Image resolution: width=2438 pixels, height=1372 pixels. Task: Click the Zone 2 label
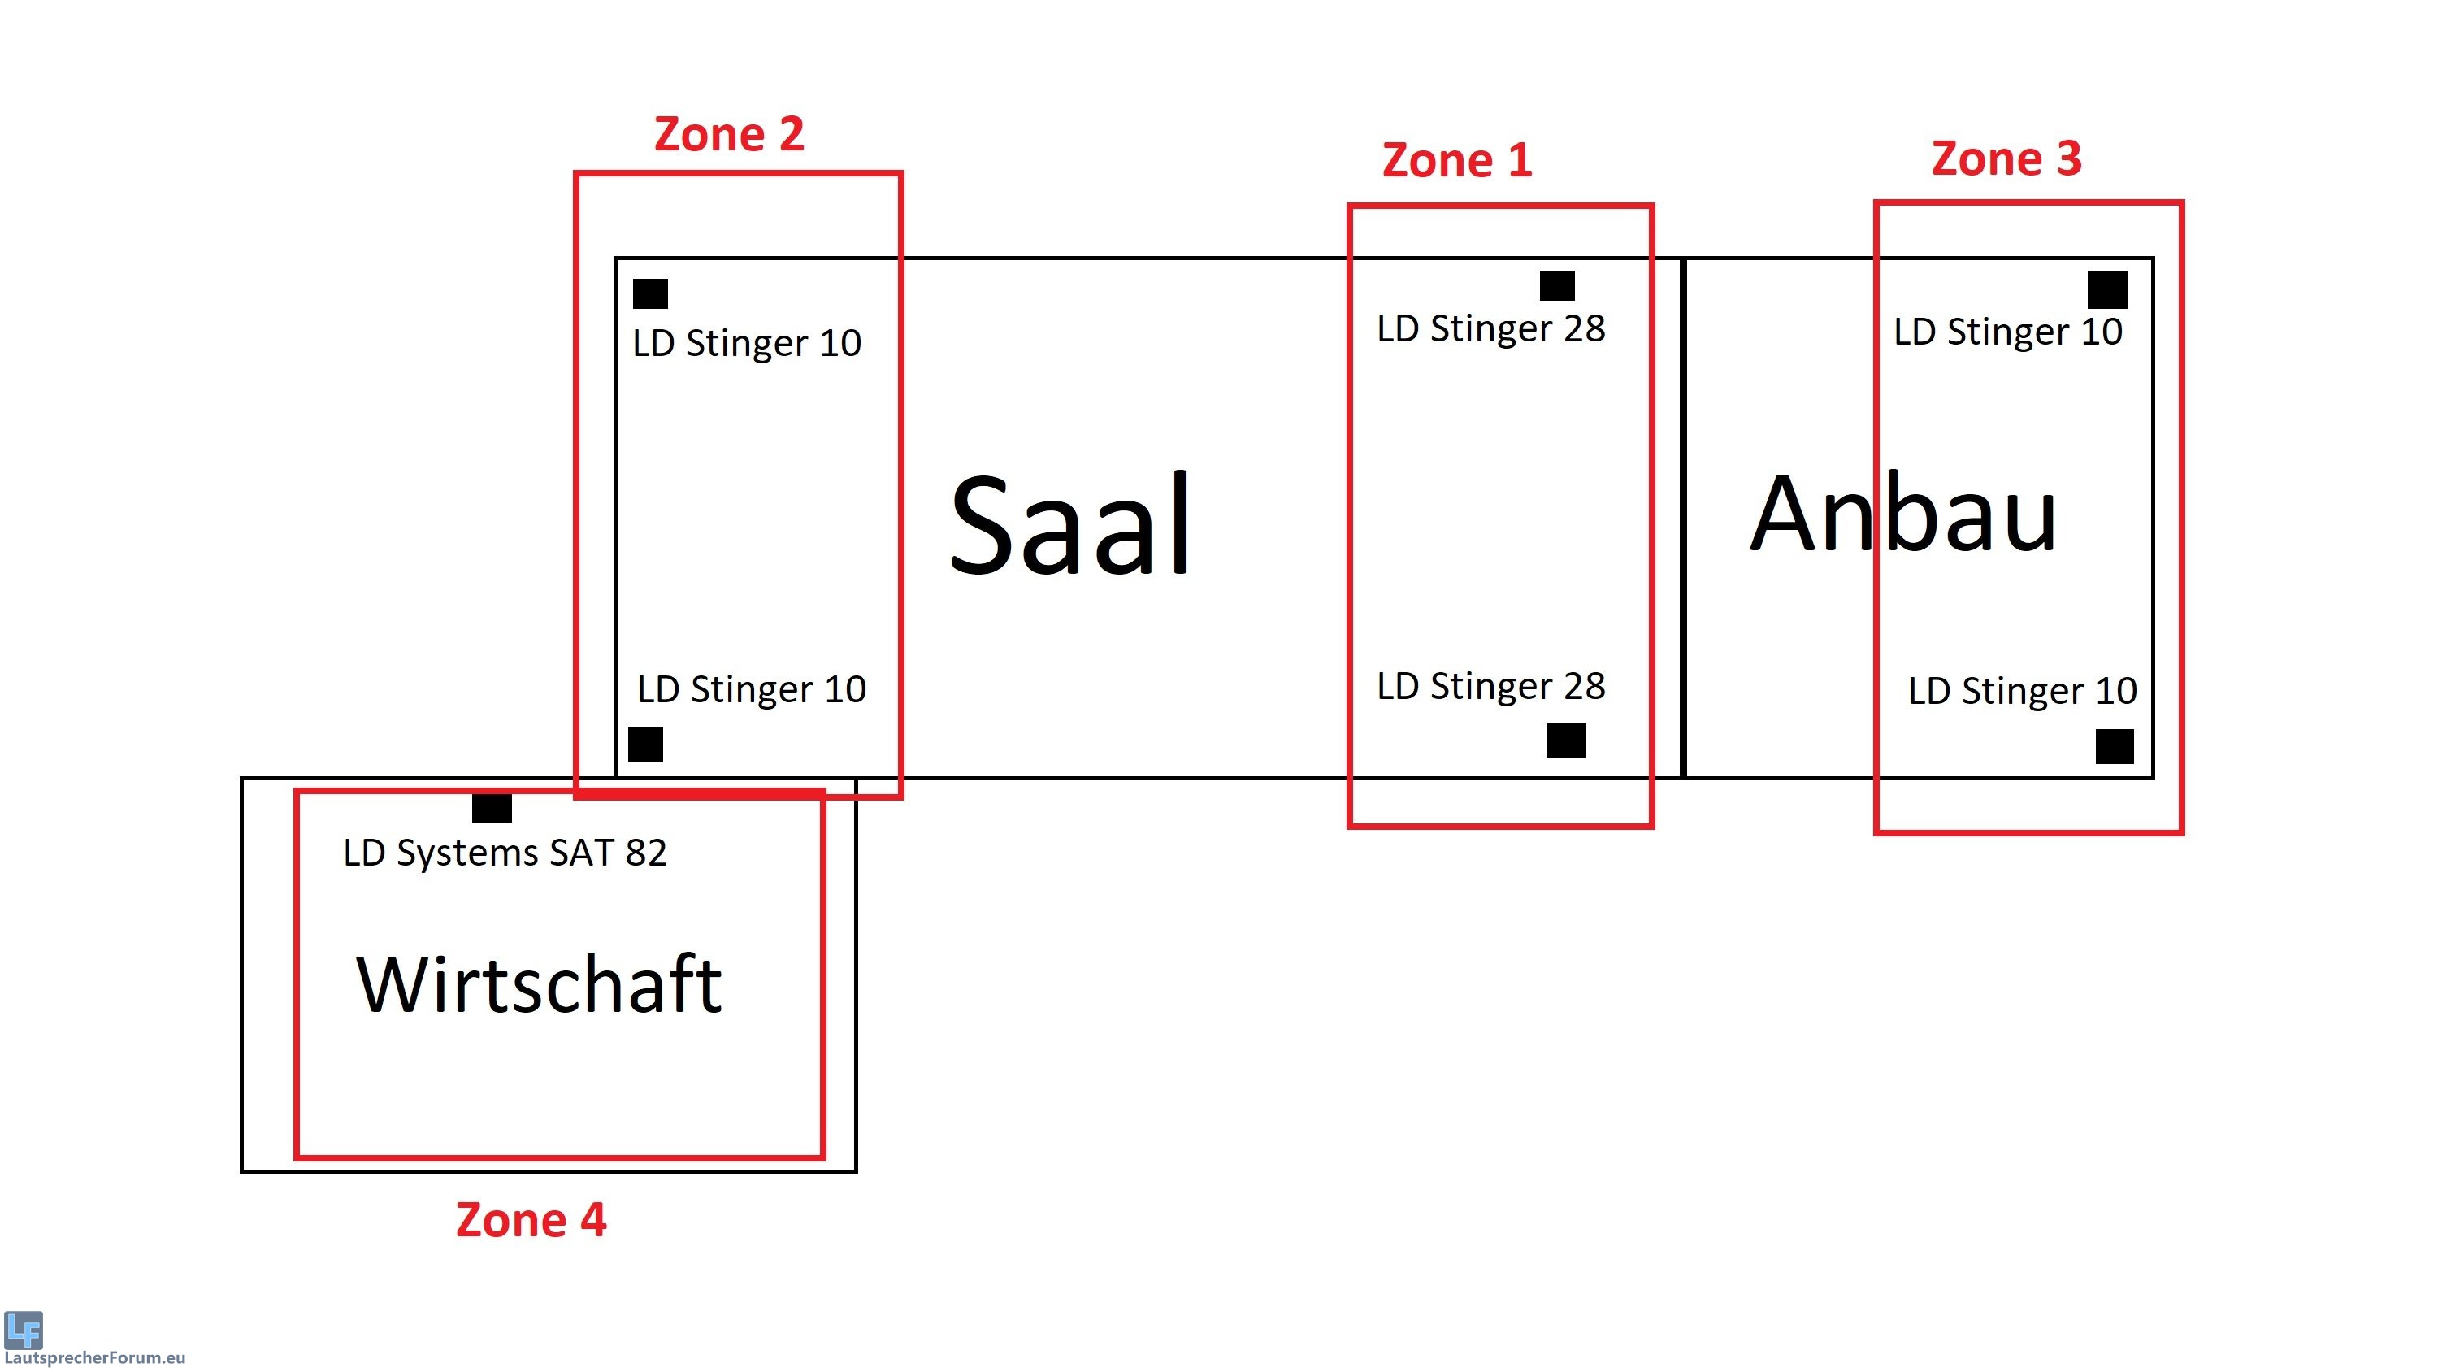point(729,134)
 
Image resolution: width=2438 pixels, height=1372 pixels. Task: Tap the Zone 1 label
point(1456,160)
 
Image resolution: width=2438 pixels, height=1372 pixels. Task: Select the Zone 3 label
point(2006,158)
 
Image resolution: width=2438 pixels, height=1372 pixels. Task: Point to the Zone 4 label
point(531,1219)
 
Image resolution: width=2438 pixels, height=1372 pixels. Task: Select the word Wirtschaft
point(540,985)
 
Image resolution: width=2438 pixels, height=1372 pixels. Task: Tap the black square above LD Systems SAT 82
point(492,808)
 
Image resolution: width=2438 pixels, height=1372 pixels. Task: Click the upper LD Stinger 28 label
point(1490,328)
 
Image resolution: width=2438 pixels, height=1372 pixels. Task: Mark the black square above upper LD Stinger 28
point(1557,285)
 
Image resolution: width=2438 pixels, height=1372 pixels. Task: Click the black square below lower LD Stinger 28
point(1565,740)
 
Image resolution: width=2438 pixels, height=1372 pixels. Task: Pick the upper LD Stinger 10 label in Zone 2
point(747,343)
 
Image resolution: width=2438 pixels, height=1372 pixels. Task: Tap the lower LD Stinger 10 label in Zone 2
point(752,689)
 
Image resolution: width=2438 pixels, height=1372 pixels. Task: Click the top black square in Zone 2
point(650,293)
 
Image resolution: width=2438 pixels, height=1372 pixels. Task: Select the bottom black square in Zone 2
point(645,745)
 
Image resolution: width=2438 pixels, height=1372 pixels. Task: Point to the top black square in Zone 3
point(2106,289)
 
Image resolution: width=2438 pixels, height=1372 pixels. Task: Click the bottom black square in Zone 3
point(2115,746)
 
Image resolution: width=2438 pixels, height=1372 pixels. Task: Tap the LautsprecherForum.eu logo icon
point(24,1330)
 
